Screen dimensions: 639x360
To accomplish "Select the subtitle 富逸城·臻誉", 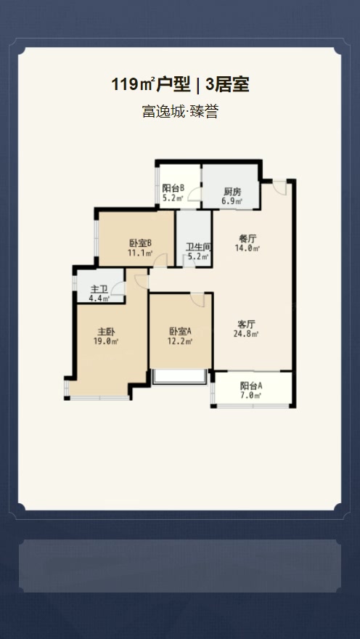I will (x=180, y=112).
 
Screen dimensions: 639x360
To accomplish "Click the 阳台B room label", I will (x=173, y=188).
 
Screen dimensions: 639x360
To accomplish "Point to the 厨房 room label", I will (x=232, y=192).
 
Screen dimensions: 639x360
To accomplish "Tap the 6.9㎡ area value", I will (x=232, y=201).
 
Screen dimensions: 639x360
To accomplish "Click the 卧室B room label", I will (x=139, y=243).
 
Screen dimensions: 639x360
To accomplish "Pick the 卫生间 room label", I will (x=198, y=247).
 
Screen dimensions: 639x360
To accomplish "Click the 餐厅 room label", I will (x=247, y=238).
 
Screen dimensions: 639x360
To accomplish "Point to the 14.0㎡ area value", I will (x=247, y=248).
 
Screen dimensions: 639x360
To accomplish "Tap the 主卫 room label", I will (x=99, y=289).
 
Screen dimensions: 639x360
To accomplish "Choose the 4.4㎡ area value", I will (x=99, y=298).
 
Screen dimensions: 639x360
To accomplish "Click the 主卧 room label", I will (x=107, y=331).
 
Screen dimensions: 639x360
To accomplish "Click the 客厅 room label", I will (x=247, y=324).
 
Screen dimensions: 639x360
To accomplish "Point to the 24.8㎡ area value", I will (x=247, y=334).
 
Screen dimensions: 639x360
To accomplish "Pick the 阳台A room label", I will (x=251, y=386).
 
